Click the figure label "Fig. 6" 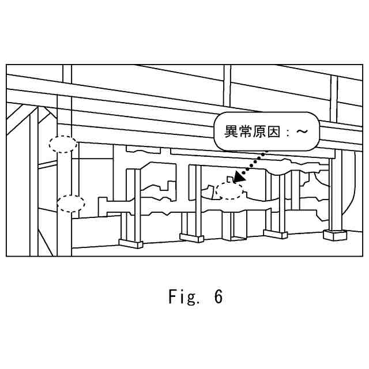click(x=195, y=297)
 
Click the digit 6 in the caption click(x=217, y=297)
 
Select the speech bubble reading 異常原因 click(x=265, y=131)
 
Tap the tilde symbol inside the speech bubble click(x=302, y=131)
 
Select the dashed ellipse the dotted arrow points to click(x=229, y=190)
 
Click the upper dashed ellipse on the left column click(x=63, y=144)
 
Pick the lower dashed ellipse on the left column click(x=71, y=203)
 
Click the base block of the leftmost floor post click(x=131, y=243)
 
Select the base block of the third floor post click(x=275, y=234)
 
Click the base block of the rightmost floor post click(x=336, y=235)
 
